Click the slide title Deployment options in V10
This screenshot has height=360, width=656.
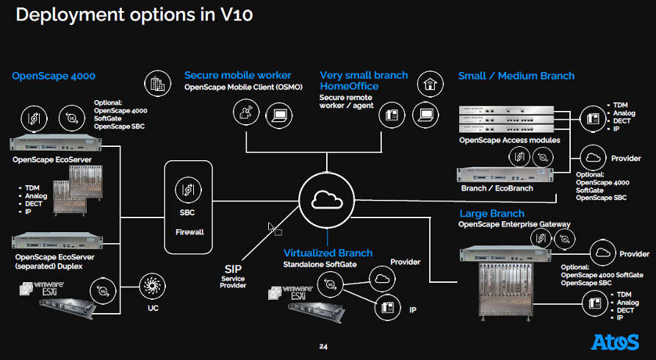[134, 15]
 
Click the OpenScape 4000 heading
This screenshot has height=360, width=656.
[54, 76]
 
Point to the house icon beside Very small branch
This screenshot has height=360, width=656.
[428, 84]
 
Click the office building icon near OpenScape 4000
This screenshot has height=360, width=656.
[156, 84]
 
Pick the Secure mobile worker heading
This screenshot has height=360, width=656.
[237, 75]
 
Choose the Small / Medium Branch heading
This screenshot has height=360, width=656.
[516, 76]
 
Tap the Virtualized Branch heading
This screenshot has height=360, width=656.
[328, 253]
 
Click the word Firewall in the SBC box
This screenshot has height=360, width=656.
[189, 231]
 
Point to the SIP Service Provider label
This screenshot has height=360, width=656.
[233, 276]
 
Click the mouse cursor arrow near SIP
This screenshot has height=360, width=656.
[273, 228]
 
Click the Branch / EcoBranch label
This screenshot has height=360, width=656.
[497, 188]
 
